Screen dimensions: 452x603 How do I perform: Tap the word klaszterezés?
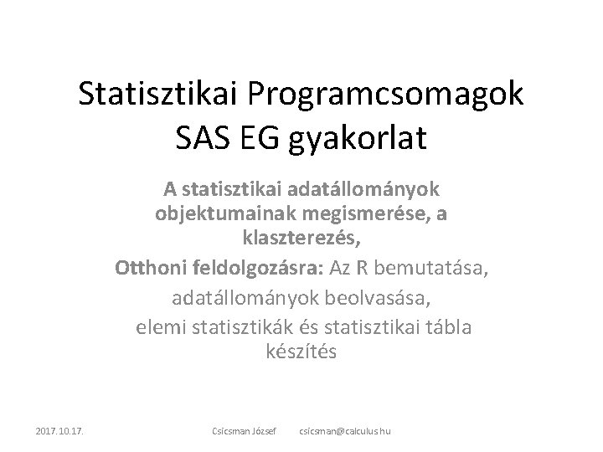pos(300,241)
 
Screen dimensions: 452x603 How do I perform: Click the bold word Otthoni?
pos(145,270)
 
